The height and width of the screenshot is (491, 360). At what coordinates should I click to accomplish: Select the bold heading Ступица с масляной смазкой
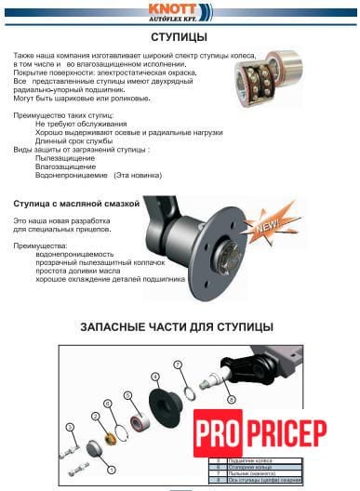coord(76,202)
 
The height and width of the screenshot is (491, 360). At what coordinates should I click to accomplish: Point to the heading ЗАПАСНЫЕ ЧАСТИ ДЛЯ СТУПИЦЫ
coord(177,327)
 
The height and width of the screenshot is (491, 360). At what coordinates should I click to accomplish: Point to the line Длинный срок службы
coord(73,140)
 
